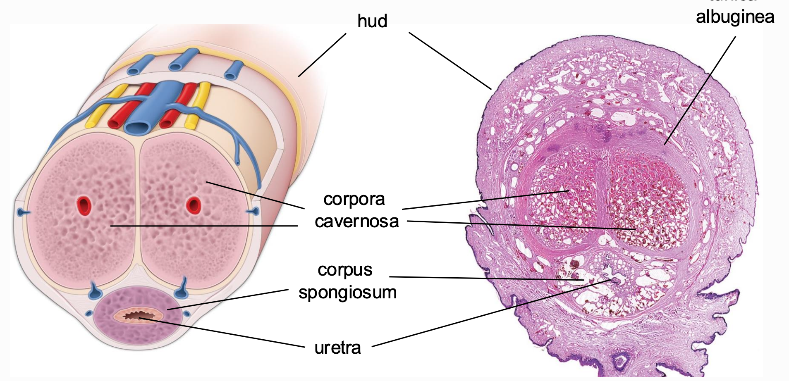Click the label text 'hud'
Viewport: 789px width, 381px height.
click(372, 21)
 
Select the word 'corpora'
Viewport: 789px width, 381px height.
click(354, 199)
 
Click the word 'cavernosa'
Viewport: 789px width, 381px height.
click(356, 221)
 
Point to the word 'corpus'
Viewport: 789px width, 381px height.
click(345, 270)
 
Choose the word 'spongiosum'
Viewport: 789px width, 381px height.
click(347, 293)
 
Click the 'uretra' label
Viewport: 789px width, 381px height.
click(337, 348)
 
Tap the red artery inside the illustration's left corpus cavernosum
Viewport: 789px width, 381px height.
click(84, 205)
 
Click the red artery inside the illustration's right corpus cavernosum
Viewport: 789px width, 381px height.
click(193, 205)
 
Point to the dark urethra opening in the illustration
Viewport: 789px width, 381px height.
click(138, 317)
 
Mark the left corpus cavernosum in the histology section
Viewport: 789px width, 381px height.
click(562, 198)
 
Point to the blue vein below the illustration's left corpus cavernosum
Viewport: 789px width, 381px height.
click(95, 291)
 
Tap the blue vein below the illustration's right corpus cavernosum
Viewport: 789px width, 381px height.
click(182, 291)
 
